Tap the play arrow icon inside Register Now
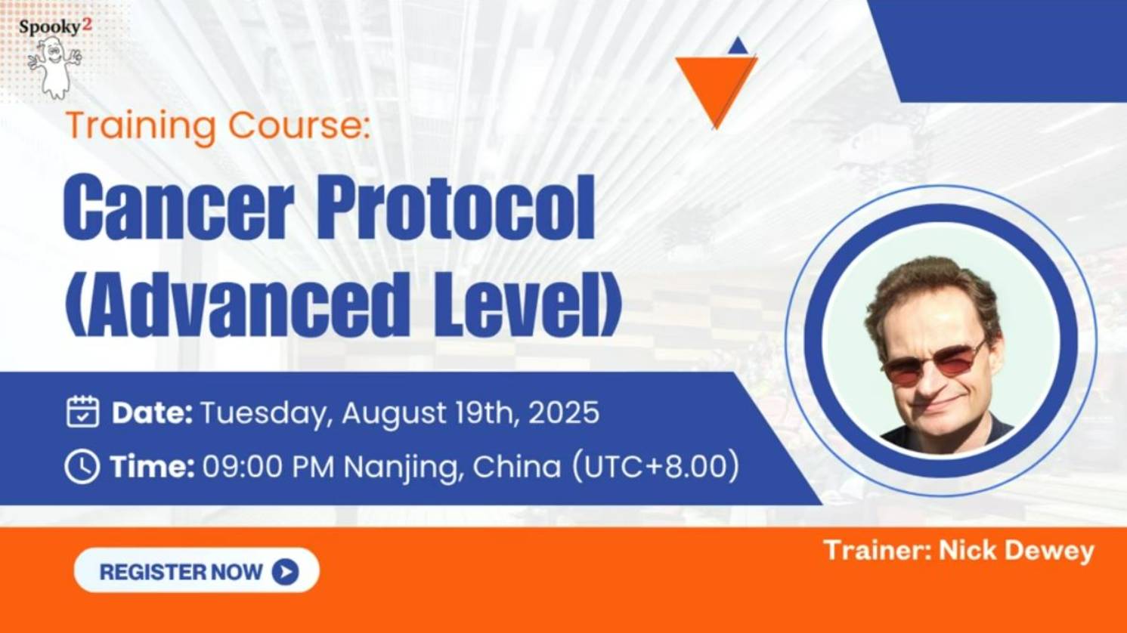[285, 572]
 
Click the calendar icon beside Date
[82, 412]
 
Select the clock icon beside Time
[82, 467]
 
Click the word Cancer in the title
[178, 206]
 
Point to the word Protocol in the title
[455, 206]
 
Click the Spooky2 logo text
[55, 26]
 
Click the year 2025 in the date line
[563, 413]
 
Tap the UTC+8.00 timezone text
[655, 467]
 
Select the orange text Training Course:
[218, 125]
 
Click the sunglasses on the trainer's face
[934, 364]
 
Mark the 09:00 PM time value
[268, 467]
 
